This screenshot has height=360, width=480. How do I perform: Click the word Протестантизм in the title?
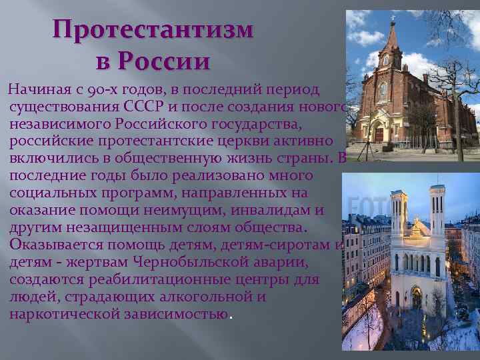pyautogui.click(x=153, y=30)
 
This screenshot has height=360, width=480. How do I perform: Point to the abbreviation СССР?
pyautogui.click(x=148, y=107)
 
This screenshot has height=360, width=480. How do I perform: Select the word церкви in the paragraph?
pyautogui.click(x=240, y=141)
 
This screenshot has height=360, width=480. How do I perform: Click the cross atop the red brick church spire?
pyautogui.click(x=394, y=15)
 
